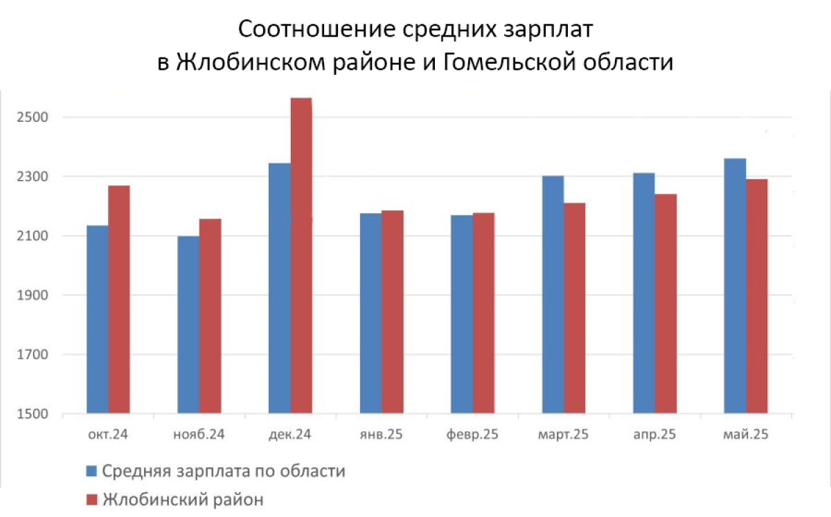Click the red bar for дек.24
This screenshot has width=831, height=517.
[301, 255]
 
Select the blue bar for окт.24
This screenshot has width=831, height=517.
[98, 319]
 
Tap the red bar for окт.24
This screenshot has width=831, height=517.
[119, 299]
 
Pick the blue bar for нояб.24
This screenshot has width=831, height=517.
[188, 325]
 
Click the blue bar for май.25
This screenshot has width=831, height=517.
[735, 286]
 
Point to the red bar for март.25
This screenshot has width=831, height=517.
[574, 308]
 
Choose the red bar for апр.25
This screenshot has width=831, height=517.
[665, 304]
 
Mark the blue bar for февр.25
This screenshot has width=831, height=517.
[462, 314]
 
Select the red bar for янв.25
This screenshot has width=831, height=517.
[393, 312]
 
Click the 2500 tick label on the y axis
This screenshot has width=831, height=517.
[33, 117]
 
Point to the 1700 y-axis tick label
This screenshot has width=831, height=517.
[33, 354]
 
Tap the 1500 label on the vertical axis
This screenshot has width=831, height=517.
[33, 414]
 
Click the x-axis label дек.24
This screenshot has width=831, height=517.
[289, 435]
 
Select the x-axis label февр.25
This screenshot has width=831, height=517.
[472, 435]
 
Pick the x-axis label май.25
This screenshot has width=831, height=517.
[746, 435]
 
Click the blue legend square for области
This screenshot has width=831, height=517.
[91, 471]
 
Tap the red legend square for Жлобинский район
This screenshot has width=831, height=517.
[91, 500]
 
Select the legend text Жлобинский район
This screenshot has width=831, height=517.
[184, 500]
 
